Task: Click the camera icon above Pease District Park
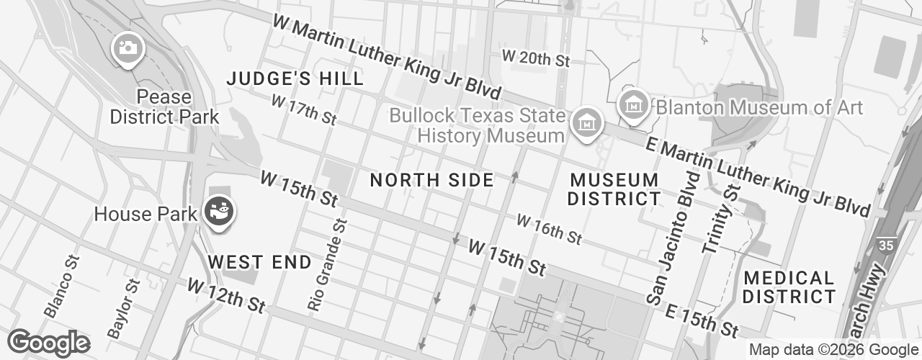(x=128, y=50)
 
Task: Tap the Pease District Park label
(x=164, y=107)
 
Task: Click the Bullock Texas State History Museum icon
(x=586, y=122)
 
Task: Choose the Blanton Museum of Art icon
(x=634, y=104)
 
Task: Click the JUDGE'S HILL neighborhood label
(x=295, y=79)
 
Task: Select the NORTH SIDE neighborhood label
(x=432, y=180)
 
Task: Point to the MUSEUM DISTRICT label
(x=614, y=189)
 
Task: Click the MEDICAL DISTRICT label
(x=789, y=287)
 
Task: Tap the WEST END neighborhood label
(x=260, y=262)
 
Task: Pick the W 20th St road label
(x=536, y=58)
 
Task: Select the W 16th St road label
(x=549, y=228)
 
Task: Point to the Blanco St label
(x=61, y=285)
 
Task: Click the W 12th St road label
(x=226, y=295)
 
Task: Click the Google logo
(x=48, y=342)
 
